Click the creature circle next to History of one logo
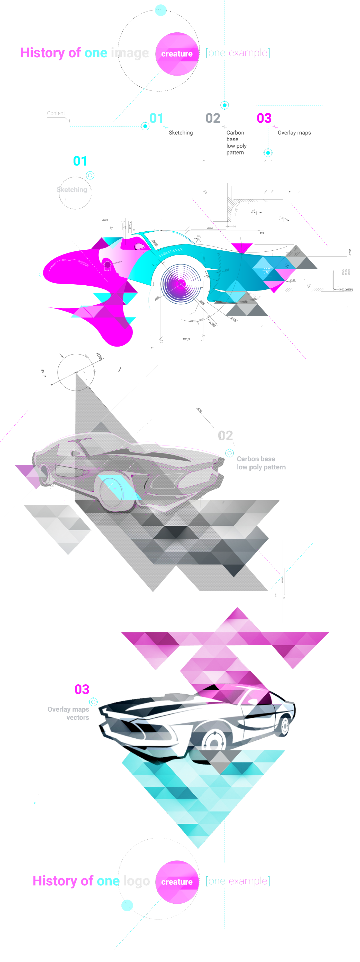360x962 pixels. (x=177, y=882)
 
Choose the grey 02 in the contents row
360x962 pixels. (x=213, y=118)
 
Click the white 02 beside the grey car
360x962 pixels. (x=225, y=435)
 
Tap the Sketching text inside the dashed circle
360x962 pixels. (x=72, y=190)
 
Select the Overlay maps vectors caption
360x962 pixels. (x=69, y=713)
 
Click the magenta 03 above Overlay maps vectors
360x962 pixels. (x=82, y=689)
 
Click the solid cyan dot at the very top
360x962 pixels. (x=160, y=10)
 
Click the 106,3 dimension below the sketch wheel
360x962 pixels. (x=186, y=339)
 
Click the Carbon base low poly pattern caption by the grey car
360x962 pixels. (x=261, y=463)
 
